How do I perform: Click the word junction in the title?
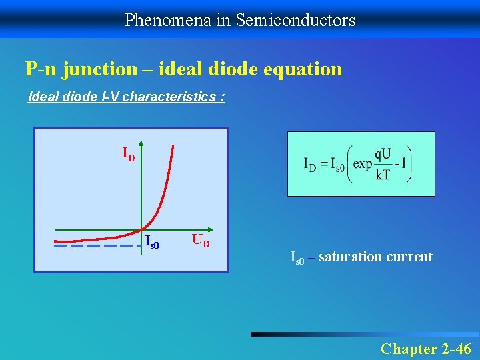coord(101,69)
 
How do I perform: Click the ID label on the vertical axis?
coord(128,155)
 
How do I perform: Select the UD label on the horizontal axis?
coord(200,240)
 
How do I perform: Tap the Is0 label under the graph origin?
coord(152,243)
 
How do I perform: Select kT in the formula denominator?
coord(383,175)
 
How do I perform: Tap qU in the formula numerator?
coord(383,154)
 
